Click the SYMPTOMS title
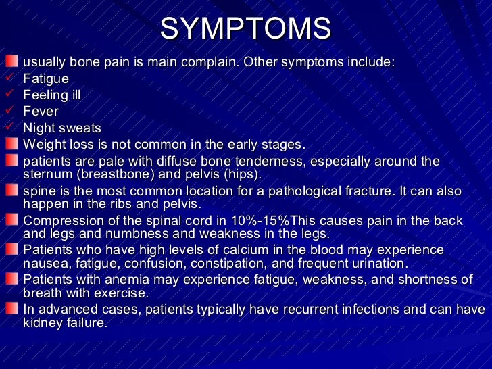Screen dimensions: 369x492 pos(246,28)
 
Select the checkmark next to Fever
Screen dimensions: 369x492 pos(10,110)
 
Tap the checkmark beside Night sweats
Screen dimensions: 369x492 pos(10,127)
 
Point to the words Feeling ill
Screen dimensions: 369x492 pos(51,95)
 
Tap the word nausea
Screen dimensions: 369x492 pos(45,264)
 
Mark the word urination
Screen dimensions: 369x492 pos(371,264)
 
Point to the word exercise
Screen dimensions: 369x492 pos(124,293)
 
